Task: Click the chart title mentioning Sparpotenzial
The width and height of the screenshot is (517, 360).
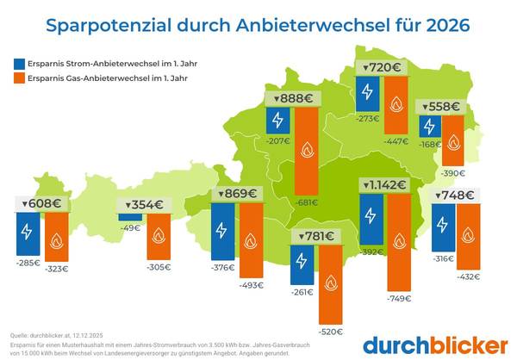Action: point(258,24)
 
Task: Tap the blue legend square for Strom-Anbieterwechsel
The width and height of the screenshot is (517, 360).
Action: point(20,63)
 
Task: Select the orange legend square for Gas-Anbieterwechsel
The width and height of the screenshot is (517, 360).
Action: point(20,78)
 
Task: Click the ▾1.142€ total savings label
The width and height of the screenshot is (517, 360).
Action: point(384,184)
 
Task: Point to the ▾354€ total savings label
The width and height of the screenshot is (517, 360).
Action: point(144,204)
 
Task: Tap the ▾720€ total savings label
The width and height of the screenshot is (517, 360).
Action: point(383,67)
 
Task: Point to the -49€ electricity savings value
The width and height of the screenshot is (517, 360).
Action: point(130,227)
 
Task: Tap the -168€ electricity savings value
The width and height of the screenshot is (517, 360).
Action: point(429,144)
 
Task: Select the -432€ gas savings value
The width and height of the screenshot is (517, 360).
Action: point(468,276)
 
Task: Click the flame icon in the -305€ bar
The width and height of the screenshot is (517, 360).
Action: point(159,236)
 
